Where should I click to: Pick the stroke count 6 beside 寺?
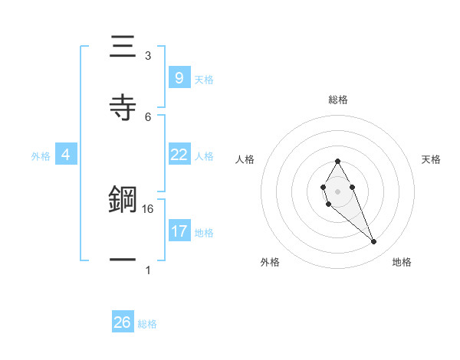click(148, 116)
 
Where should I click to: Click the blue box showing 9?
click(179, 77)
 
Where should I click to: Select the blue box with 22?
click(179, 155)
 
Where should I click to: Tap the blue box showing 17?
click(179, 231)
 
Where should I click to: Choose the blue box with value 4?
click(66, 155)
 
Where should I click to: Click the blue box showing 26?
click(122, 322)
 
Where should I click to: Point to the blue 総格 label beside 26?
click(147, 324)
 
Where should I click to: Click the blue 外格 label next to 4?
click(41, 156)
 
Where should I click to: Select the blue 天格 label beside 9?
click(204, 79)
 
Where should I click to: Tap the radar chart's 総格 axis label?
click(337, 100)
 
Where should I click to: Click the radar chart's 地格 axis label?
click(402, 262)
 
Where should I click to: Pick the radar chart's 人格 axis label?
click(245, 159)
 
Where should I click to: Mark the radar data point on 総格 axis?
click(337, 161)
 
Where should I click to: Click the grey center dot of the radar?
click(337, 190)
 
